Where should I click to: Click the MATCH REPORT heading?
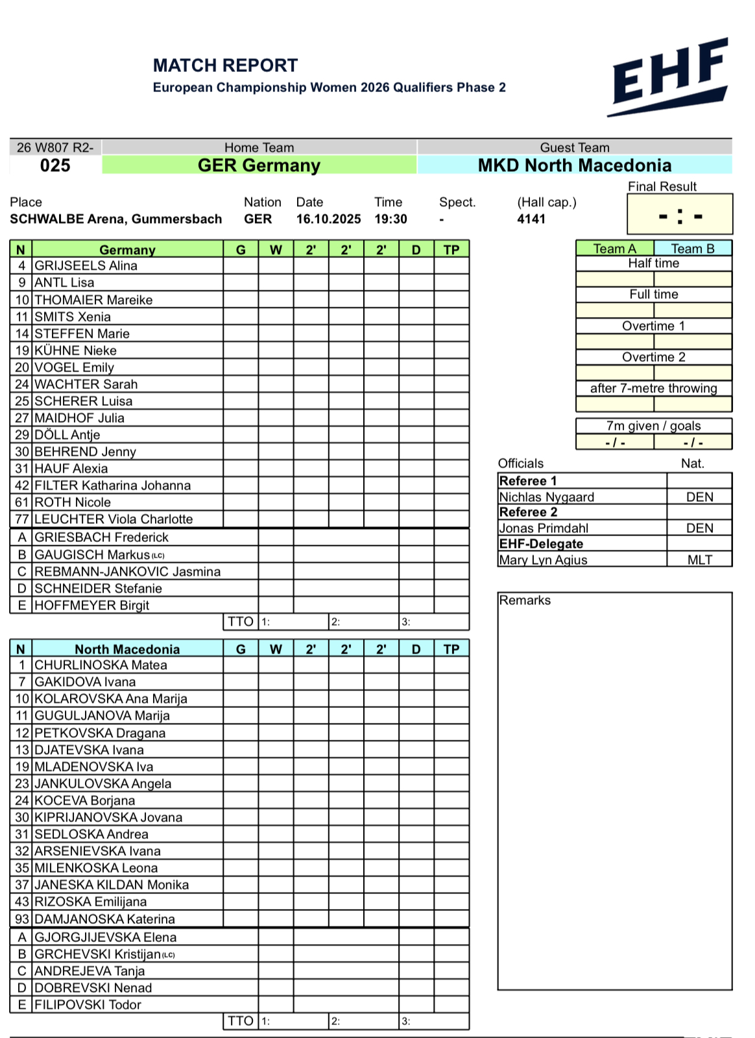click(225, 65)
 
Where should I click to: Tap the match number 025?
click(55, 166)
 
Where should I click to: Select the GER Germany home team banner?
click(259, 165)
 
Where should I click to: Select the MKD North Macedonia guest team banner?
click(574, 165)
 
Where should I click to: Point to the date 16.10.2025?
click(328, 219)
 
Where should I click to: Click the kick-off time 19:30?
click(390, 219)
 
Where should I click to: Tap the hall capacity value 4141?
click(531, 219)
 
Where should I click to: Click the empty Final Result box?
click(679, 215)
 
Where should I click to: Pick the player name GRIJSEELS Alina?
click(86, 266)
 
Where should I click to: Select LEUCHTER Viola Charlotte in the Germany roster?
click(114, 519)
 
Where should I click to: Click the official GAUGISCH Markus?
click(92, 555)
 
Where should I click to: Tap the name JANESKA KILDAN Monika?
click(112, 885)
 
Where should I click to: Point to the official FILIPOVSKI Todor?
click(88, 1005)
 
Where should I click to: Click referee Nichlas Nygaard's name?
click(546, 497)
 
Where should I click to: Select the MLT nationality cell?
click(699, 560)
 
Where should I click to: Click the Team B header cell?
click(692, 248)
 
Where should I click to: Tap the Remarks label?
click(525, 600)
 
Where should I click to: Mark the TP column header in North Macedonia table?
click(451, 649)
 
